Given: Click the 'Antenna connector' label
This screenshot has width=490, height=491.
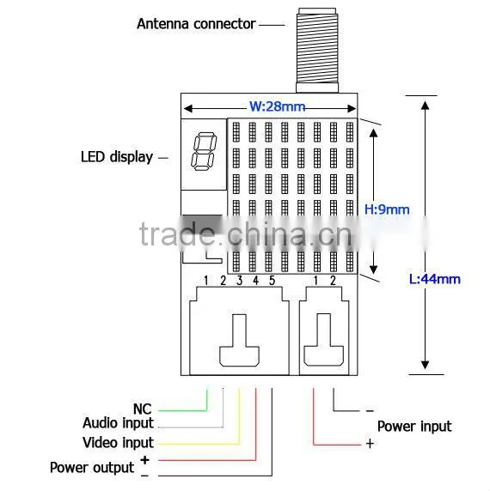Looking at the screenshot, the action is [196, 24].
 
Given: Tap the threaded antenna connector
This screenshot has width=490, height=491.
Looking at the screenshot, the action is [317, 50].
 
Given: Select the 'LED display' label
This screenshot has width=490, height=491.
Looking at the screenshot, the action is [117, 157].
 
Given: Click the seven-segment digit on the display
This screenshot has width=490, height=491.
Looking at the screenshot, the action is [204, 152].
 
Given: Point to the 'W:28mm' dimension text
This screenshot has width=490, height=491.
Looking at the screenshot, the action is [277, 106].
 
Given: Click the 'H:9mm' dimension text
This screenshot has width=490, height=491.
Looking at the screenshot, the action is [387, 209].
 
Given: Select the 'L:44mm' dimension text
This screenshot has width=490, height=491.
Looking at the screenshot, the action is [435, 279].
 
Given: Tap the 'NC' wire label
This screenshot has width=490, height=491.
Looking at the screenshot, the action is [143, 409].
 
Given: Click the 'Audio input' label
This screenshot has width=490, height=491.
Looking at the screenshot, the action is [118, 423].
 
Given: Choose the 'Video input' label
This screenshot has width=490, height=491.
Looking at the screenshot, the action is [118, 443].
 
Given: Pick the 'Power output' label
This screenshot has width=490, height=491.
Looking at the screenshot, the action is [92, 468].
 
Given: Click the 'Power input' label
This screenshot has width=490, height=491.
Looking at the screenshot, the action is [414, 427].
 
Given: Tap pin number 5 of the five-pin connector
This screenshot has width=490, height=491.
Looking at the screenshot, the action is [272, 281].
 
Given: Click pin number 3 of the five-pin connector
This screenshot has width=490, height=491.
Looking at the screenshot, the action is [239, 281].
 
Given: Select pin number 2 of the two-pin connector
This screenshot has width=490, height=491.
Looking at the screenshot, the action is [333, 281].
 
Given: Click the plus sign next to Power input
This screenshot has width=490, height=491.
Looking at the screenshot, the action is [370, 444].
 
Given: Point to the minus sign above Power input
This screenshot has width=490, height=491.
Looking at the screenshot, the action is [370, 410].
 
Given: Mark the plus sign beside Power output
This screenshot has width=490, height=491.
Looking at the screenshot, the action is [144, 460].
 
